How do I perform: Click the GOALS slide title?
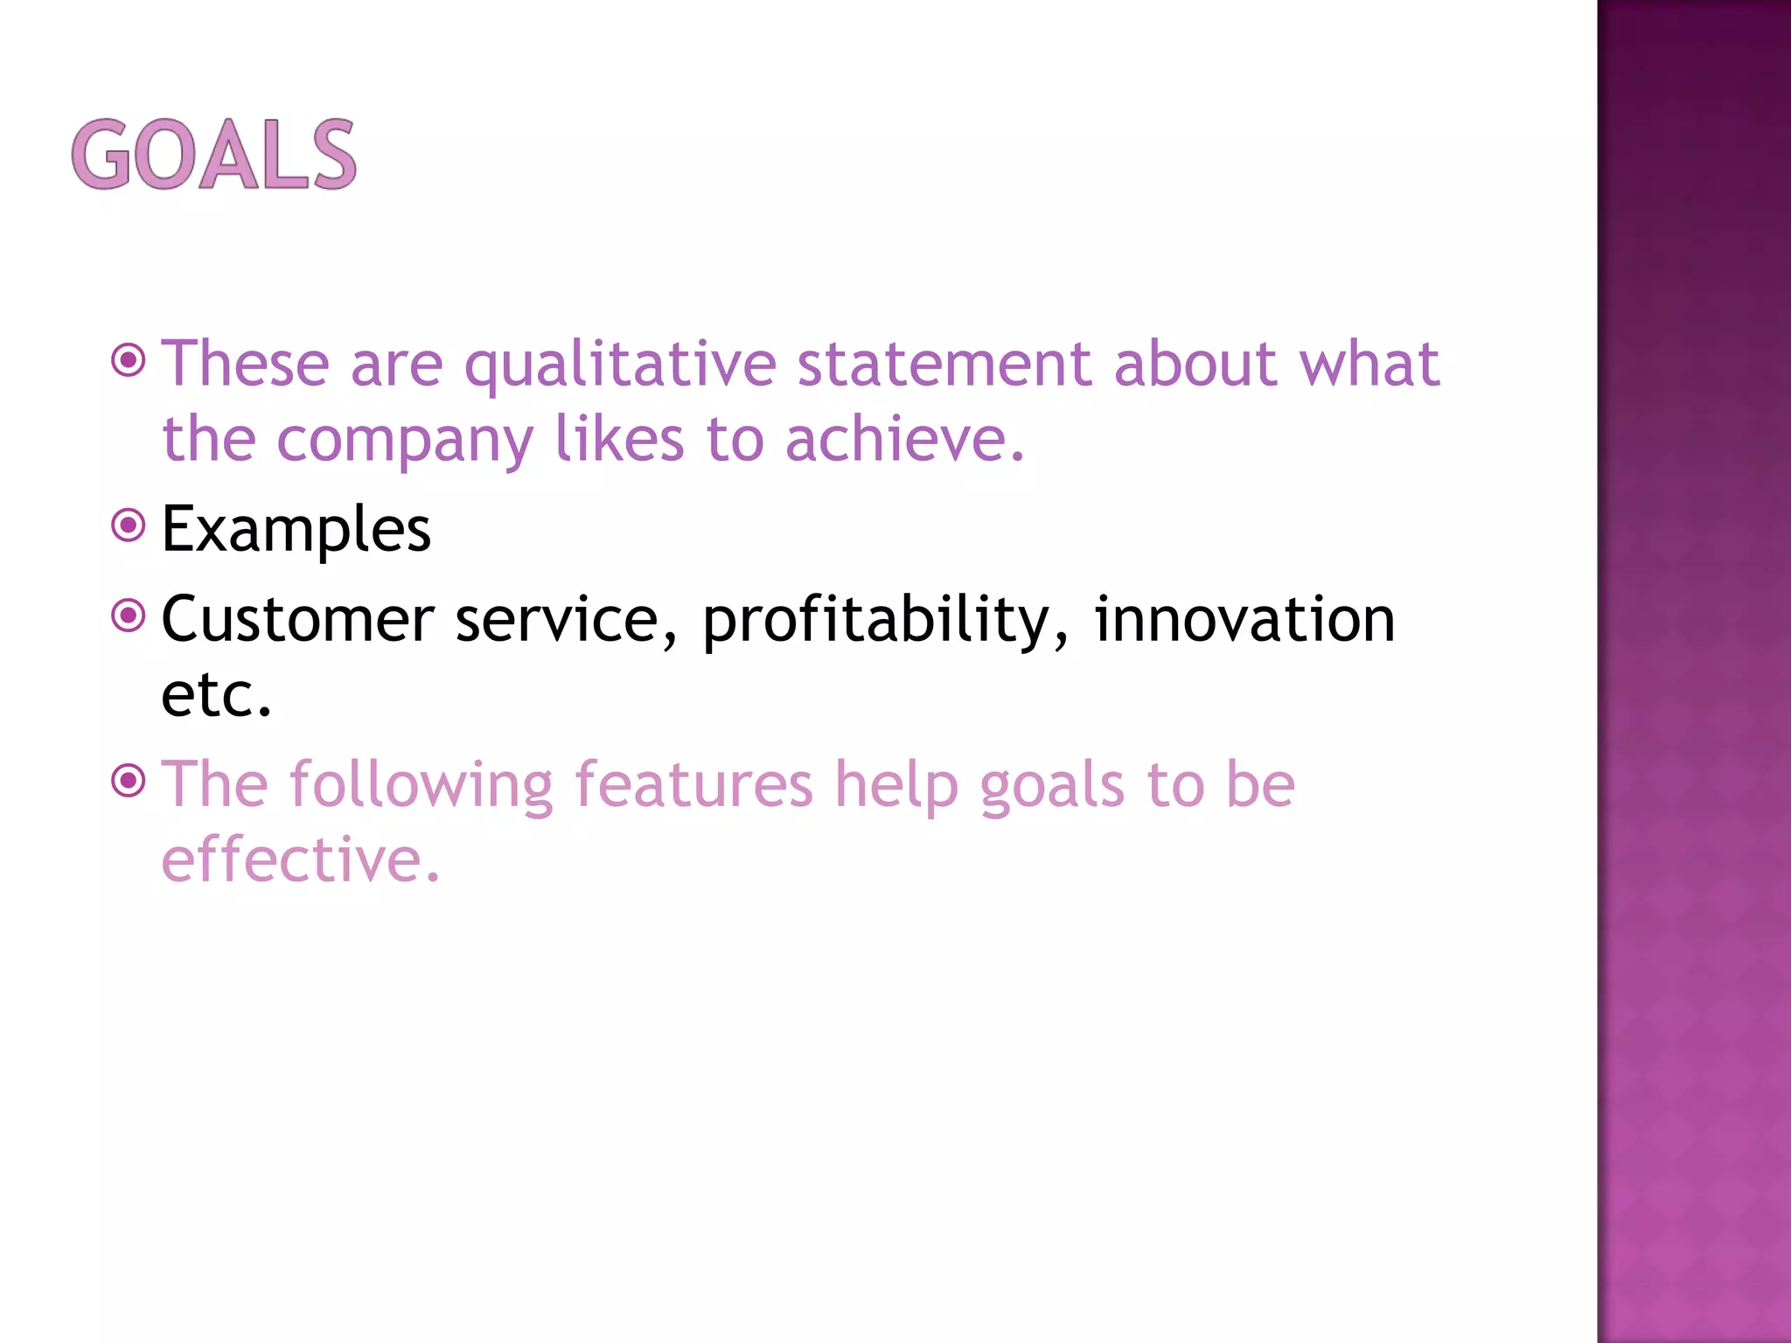pyautogui.click(x=214, y=155)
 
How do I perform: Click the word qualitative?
pyautogui.click(x=619, y=365)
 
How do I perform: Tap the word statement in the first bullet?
pyautogui.click(x=944, y=363)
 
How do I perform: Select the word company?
pyautogui.click(x=404, y=440)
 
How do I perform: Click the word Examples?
pyautogui.click(x=296, y=529)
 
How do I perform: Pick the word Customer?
pyautogui.click(x=297, y=619)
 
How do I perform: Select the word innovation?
pyautogui.click(x=1244, y=619)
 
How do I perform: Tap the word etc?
pyautogui.click(x=216, y=694)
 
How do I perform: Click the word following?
pyautogui.click(x=422, y=785)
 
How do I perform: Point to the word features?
pyautogui.click(x=693, y=783)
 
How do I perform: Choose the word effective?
pyautogui.click(x=300, y=859)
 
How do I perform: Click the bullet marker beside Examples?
pyautogui.click(x=129, y=525)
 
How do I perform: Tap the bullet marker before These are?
pyautogui.click(x=129, y=359)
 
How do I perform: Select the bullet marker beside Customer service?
pyautogui.click(x=129, y=616)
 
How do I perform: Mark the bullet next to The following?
pyautogui.click(x=129, y=780)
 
